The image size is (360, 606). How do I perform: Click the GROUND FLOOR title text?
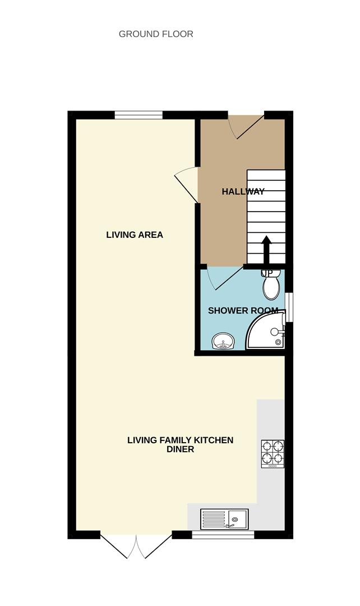coord(156,34)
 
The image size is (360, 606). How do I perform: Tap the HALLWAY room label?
coord(243,192)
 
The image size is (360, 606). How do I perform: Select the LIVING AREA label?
coord(135,235)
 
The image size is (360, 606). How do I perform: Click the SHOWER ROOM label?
coord(243,310)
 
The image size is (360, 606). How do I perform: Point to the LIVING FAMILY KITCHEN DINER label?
coord(180,444)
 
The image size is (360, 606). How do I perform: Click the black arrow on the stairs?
coord(266,249)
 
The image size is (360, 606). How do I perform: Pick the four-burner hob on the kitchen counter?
coord(273,453)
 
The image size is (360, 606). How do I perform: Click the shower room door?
coord(224,278)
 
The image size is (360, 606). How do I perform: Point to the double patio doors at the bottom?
coord(136,545)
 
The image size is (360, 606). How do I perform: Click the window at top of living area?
coord(139,115)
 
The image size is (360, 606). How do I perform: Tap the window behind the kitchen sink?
coord(223,535)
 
